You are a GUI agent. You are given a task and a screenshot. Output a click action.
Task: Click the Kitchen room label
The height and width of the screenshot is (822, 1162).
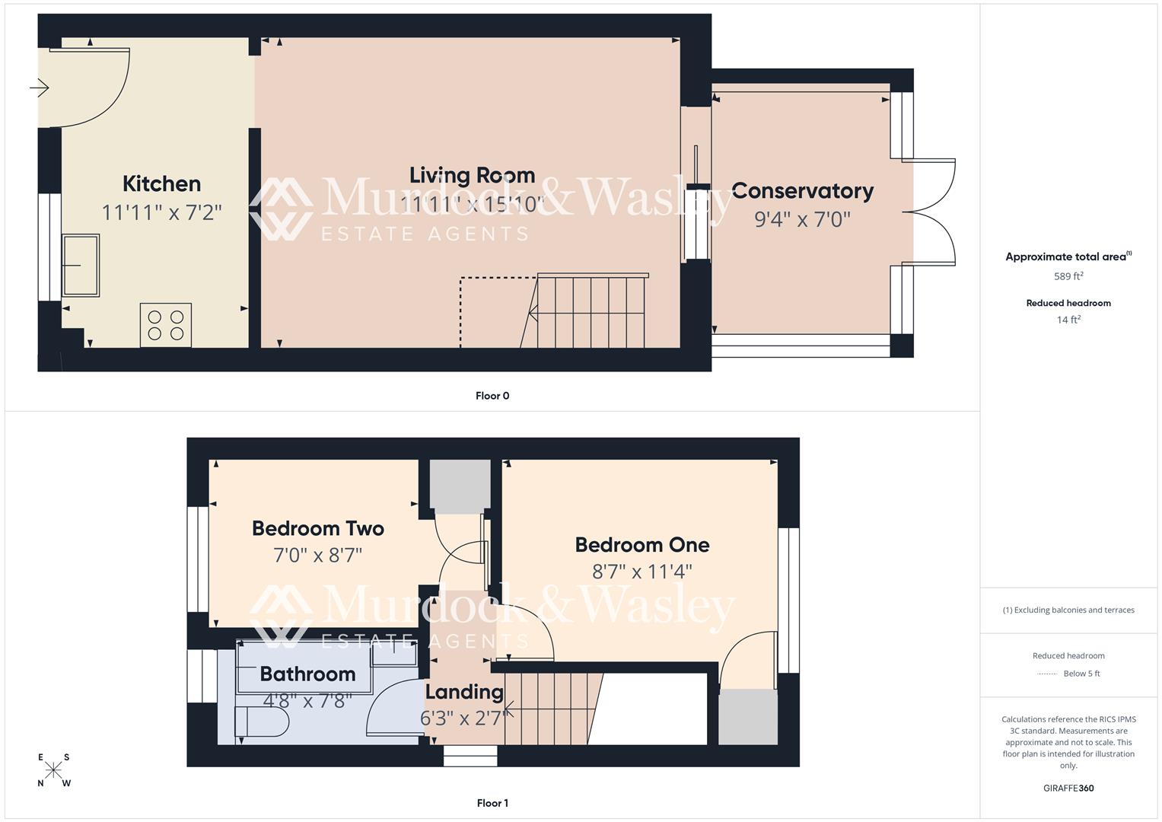[x=161, y=183]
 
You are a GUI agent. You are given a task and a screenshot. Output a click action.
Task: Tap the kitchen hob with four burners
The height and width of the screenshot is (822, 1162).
[x=165, y=325]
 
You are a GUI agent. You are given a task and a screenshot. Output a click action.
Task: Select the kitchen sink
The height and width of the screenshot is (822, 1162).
[x=81, y=265]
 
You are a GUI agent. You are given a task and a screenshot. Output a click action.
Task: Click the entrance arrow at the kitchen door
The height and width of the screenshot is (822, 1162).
[x=40, y=88]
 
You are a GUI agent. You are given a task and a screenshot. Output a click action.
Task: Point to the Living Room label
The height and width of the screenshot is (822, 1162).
[x=472, y=175]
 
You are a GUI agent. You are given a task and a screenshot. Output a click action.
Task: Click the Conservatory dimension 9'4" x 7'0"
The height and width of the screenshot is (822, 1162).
[x=802, y=219]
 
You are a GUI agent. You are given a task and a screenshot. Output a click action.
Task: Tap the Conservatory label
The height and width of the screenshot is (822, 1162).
[x=802, y=191]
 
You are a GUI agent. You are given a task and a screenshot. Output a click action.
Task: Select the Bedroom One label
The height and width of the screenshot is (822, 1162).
[x=642, y=545]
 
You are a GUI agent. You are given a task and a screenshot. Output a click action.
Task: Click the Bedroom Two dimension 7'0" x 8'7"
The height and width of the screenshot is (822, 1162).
[x=317, y=555]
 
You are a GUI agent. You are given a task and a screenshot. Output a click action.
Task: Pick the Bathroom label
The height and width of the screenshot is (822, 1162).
[x=307, y=674]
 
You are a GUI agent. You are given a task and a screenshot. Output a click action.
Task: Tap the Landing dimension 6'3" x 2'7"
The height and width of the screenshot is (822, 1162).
[x=463, y=718]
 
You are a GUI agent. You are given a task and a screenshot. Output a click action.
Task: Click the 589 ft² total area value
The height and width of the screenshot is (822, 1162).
[x=1068, y=276]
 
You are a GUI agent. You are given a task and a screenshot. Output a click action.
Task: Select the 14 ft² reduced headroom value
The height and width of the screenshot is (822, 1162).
[x=1068, y=320]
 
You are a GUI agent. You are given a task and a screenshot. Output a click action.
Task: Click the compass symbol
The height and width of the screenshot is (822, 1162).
[x=53, y=770]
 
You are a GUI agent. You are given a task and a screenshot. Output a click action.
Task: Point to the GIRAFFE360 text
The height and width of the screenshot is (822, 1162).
[x=1068, y=788]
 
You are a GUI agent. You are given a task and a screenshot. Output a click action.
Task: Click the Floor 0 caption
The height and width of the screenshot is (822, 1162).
[x=492, y=396]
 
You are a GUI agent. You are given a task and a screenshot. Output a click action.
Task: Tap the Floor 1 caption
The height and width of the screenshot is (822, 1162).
[x=492, y=803]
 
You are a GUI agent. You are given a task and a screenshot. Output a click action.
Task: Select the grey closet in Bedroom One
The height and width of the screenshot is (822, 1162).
[x=748, y=717]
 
